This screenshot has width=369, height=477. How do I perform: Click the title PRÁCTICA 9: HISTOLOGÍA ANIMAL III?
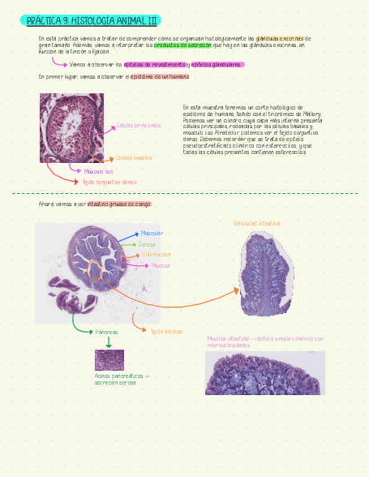tap(92, 21)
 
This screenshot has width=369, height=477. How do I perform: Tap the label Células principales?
tap(138, 125)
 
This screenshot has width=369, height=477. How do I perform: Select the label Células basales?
tap(133, 158)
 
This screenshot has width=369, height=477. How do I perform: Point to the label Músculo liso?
tap(98, 171)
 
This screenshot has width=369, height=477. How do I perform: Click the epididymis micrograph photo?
tap(71, 128)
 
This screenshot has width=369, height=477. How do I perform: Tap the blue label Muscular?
tap(152, 233)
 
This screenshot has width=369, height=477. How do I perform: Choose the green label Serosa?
tap(147, 245)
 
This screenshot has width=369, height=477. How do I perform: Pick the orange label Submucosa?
tap(156, 254)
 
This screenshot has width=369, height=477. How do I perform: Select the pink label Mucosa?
tap(160, 265)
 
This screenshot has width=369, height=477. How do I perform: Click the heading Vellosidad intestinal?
tap(256, 223)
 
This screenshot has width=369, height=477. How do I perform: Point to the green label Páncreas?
tap(106, 332)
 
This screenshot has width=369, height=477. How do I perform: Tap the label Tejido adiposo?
tap(166, 331)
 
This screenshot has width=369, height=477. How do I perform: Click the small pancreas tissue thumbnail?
tap(109, 360)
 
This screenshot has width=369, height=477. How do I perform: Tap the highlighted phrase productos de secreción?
tap(183, 44)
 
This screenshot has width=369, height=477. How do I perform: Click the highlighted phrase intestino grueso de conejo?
tap(119, 204)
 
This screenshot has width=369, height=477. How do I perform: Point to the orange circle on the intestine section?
tap(95, 271)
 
